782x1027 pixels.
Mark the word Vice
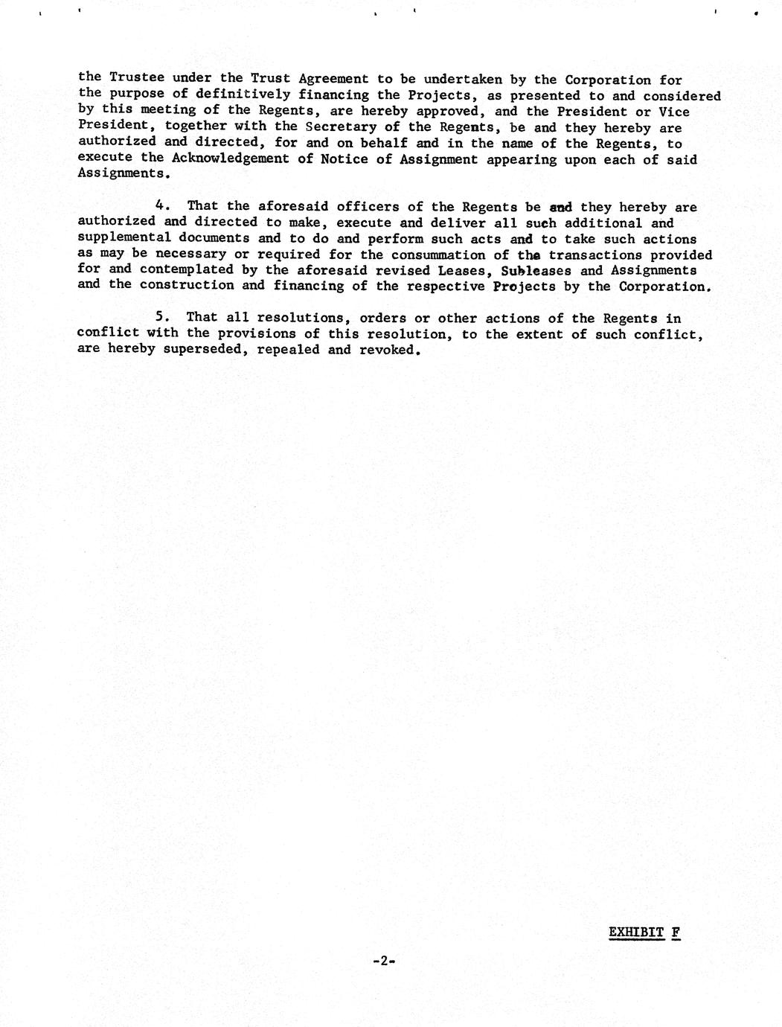tap(674, 112)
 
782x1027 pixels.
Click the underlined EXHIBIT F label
tap(644, 932)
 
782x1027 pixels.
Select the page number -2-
tap(382, 961)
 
